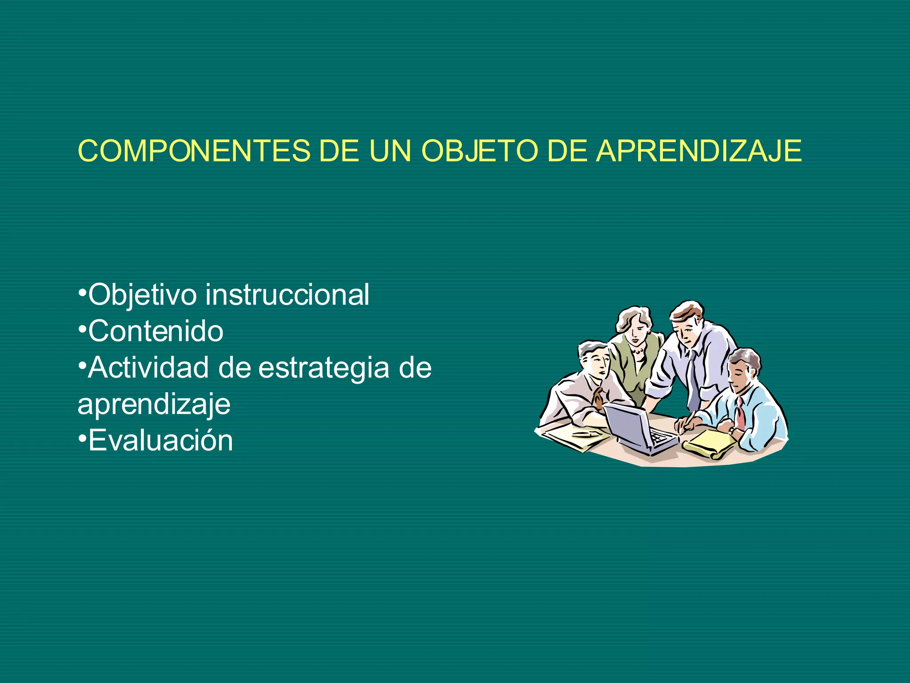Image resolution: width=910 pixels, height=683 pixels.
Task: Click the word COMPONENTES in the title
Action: pyautogui.click(x=194, y=151)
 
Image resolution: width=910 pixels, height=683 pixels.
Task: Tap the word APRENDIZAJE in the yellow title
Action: pyautogui.click(x=698, y=151)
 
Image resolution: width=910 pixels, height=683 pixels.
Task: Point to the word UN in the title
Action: pyautogui.click(x=390, y=151)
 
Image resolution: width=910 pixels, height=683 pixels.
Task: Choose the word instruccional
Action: pyautogui.click(x=287, y=295)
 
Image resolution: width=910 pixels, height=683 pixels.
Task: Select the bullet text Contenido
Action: pyautogui.click(x=156, y=331)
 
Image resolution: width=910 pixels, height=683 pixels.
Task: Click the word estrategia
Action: pyautogui.click(x=323, y=369)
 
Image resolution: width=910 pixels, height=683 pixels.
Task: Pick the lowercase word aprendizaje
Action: pyautogui.click(x=154, y=405)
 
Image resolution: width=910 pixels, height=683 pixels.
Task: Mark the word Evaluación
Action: pyautogui.click(x=160, y=441)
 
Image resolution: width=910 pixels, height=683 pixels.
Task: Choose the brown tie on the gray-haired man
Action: pyautogui.click(x=598, y=397)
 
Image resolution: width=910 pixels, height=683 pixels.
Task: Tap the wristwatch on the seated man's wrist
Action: pyautogui.click(x=731, y=430)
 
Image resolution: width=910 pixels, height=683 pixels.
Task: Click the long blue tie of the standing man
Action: pyautogui.click(x=692, y=382)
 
